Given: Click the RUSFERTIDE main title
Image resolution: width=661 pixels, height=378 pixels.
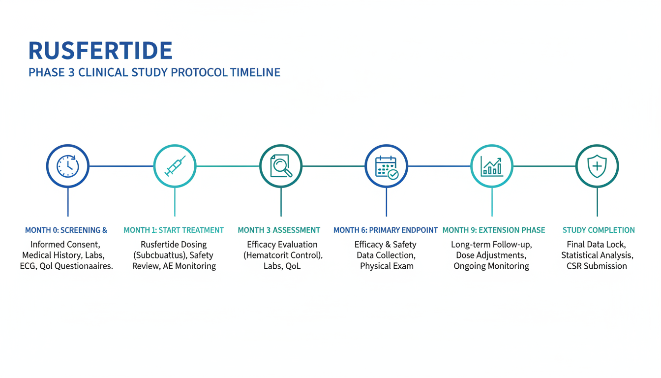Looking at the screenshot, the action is pos(100,51).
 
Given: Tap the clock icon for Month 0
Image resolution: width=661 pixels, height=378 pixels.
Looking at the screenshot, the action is pos(68,166).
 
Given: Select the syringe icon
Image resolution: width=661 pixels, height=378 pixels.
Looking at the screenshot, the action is pos(175,166).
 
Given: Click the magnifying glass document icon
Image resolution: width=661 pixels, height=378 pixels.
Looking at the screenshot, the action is pos(281,166).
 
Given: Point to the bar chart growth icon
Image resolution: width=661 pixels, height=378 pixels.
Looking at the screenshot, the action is pos(492,166).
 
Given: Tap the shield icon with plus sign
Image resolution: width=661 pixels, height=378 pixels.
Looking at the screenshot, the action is pos(597,166).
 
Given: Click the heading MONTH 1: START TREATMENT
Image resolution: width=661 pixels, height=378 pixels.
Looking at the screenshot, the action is pos(174,230).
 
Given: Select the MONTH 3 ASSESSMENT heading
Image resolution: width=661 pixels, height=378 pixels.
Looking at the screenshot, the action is pos(279,230).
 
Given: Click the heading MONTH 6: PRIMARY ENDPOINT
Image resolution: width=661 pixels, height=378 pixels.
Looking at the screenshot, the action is pos(386,230).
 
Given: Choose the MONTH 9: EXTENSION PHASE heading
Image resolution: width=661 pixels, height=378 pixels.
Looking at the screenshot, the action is pos(494,230).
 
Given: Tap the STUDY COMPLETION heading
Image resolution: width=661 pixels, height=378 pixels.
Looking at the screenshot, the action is pos(599,230).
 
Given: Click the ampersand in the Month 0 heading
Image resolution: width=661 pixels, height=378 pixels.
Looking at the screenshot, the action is pos(104,230).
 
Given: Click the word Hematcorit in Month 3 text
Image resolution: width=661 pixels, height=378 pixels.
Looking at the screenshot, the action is pos(271,255).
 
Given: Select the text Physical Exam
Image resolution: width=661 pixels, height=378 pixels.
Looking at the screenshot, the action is pos(387,266).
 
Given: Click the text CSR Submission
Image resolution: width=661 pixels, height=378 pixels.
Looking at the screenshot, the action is pos(597,266).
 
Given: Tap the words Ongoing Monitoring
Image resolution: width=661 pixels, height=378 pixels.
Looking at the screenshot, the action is pos(491,266).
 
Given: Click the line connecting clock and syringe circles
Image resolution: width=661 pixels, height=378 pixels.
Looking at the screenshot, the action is pos(121,166).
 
